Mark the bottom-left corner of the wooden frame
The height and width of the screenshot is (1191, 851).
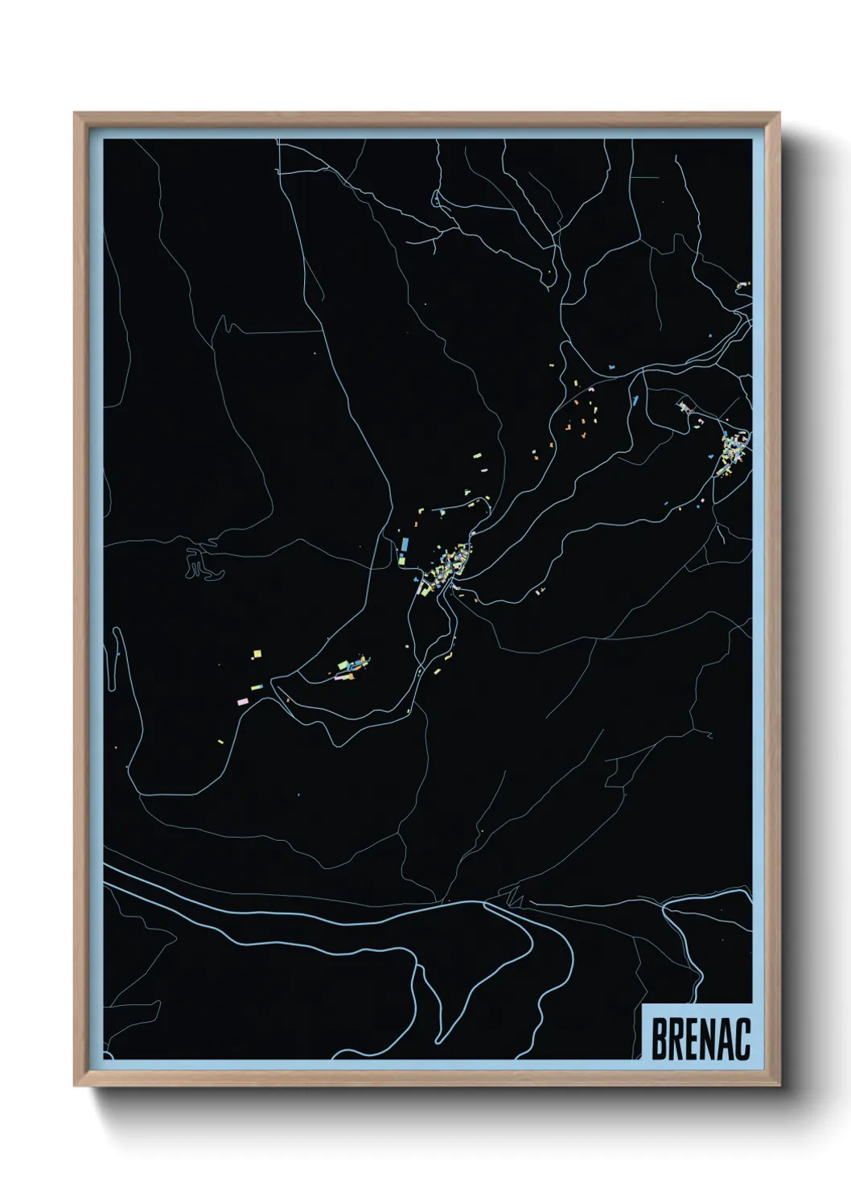76,1086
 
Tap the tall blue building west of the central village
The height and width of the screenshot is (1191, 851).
405,547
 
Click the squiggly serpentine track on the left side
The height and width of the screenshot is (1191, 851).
201,563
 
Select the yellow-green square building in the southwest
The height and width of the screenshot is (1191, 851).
257,654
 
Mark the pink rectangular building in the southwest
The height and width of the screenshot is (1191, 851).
242,702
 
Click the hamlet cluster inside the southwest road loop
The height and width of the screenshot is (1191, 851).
352,668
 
